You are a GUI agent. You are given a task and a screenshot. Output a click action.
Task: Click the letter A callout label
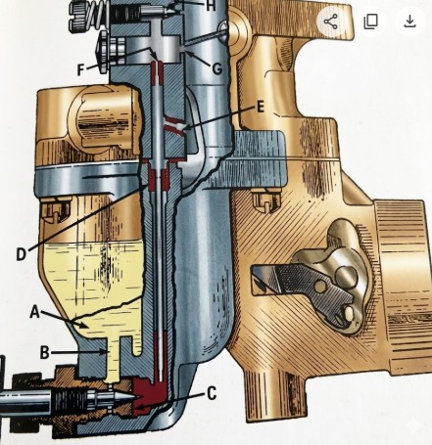pyautogui.click(x=35, y=312)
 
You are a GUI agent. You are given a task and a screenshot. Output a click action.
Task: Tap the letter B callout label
pyautogui.click(x=44, y=352)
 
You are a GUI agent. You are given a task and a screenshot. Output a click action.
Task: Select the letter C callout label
pyautogui.click(x=212, y=393)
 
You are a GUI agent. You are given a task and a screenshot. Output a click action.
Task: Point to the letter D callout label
pyautogui.click(x=21, y=254)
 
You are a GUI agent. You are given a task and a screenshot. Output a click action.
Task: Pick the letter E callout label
pyautogui.click(x=260, y=107)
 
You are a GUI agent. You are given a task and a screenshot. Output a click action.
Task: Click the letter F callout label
pyautogui.click(x=80, y=69)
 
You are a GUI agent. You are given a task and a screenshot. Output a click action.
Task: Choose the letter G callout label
pyautogui.click(x=217, y=68)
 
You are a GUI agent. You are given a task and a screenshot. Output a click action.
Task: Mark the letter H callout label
pyautogui.click(x=212, y=6)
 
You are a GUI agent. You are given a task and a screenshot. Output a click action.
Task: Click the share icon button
pyautogui.click(x=331, y=22)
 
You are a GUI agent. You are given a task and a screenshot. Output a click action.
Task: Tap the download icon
pyautogui.click(x=409, y=22)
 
